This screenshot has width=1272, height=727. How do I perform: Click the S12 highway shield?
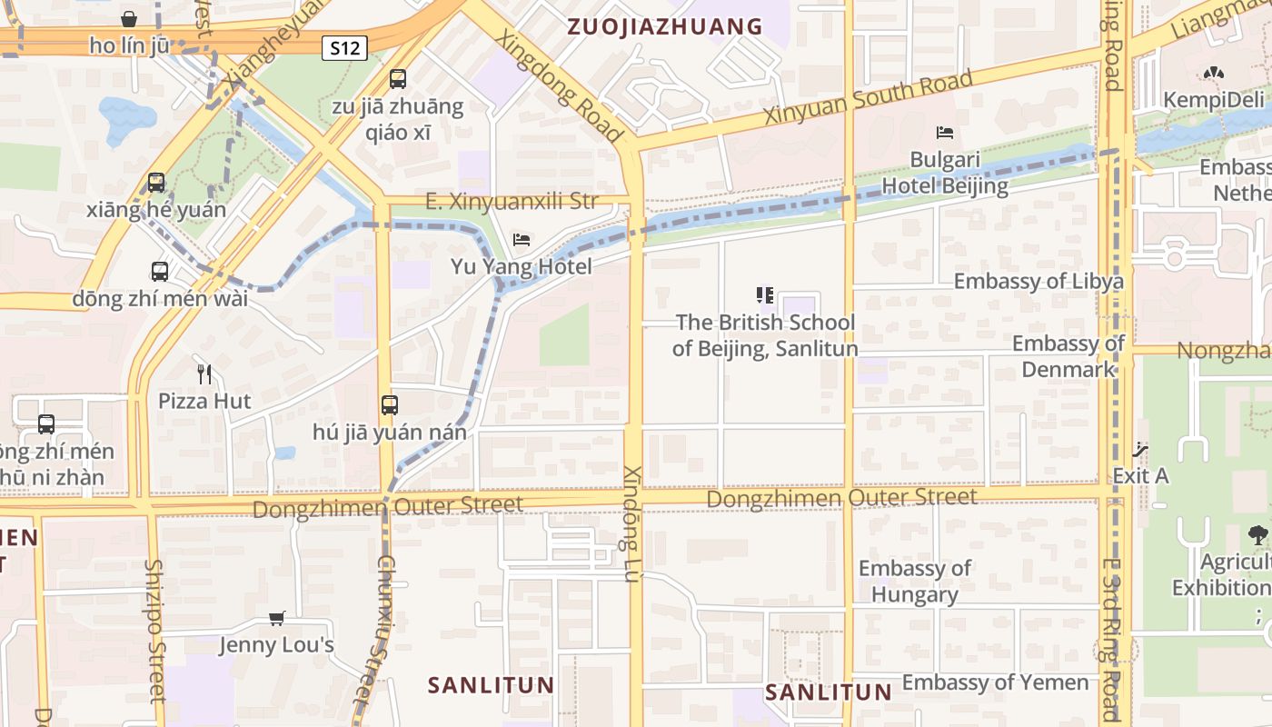tap(344, 48)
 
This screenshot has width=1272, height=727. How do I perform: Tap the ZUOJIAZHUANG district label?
tap(665, 26)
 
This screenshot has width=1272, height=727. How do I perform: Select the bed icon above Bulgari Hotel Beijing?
tap(945, 133)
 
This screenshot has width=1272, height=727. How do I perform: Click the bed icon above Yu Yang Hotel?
tap(522, 240)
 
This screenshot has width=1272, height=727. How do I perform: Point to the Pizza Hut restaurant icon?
tap(204, 373)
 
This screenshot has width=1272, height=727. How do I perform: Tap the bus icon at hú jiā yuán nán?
tap(390, 405)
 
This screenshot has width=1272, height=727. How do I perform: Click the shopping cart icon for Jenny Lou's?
tap(277, 619)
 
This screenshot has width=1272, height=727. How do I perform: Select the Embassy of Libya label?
tap(1038, 281)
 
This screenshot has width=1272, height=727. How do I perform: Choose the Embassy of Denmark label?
tap(1068, 356)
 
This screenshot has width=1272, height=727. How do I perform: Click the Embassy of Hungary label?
tap(915, 582)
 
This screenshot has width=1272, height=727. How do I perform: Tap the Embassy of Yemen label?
tap(995, 682)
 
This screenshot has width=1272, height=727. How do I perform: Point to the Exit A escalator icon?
tap(1140, 450)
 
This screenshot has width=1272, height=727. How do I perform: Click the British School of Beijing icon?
tap(765, 295)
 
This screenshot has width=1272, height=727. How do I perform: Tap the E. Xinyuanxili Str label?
tap(512, 201)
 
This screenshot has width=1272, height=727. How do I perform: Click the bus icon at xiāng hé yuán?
tap(156, 183)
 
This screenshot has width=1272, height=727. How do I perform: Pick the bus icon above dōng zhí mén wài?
tap(160, 271)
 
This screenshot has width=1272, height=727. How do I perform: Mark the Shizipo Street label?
tap(155, 630)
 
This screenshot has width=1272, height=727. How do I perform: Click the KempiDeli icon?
tap(1214, 73)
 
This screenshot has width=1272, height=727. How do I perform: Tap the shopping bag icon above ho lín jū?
tap(129, 19)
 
